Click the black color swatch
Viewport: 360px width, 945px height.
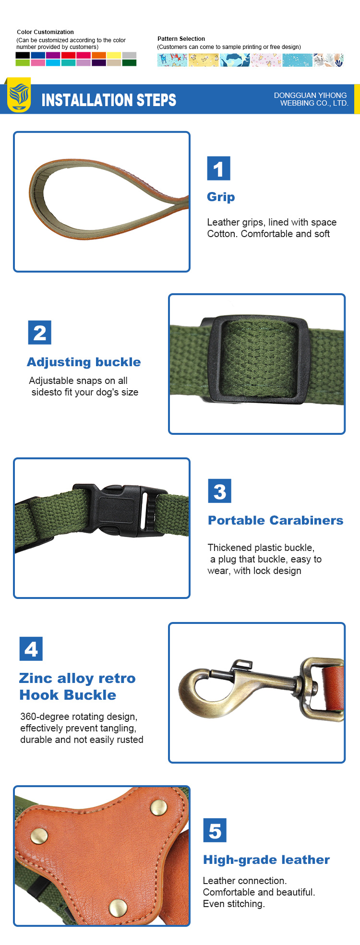click(23, 55)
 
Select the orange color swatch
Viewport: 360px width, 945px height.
click(99, 55)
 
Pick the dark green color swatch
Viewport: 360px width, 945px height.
click(129, 63)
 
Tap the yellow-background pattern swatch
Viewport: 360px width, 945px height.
click(204, 60)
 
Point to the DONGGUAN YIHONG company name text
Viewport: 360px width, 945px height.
click(311, 96)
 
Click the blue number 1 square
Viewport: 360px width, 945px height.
click(219, 168)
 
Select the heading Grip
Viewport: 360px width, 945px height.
click(221, 197)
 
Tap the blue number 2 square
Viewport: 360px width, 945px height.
click(40, 333)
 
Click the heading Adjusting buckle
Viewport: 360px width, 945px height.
click(84, 362)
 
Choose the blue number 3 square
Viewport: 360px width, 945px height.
click(219, 491)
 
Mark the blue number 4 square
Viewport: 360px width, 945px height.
click(31, 649)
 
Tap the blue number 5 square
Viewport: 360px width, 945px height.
click(215, 830)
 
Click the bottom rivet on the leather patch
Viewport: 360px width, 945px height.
click(118, 908)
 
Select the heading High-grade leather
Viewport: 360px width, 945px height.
click(266, 860)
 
